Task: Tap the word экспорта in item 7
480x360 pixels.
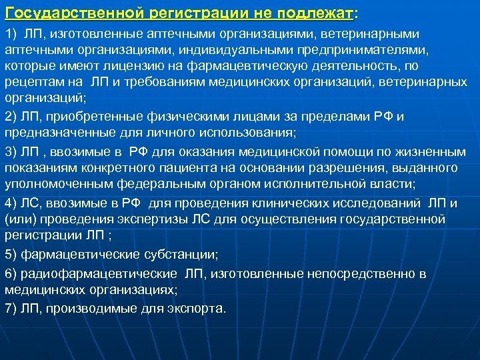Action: coord(198,309)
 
